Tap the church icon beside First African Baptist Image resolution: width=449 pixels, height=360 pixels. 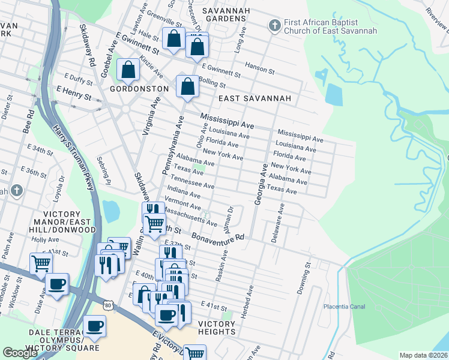tap(274, 25)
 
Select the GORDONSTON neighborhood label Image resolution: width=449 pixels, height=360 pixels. tap(139, 88)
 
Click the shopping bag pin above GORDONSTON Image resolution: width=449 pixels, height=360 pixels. tap(128, 70)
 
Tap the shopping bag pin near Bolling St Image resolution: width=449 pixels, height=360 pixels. tap(188, 86)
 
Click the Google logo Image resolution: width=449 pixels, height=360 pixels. tap(20, 353)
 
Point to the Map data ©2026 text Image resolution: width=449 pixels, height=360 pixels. tap(423, 355)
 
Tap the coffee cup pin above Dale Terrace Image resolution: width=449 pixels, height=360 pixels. tap(94, 326)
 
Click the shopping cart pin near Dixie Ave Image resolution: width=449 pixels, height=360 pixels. tap(41, 263)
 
